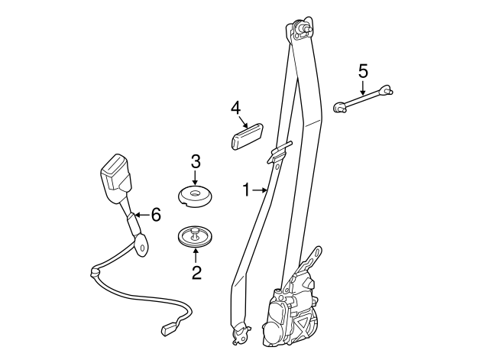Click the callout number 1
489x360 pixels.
(x=246, y=189)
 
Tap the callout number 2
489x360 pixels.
(x=196, y=271)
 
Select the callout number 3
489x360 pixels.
(x=196, y=161)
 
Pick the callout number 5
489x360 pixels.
(x=363, y=71)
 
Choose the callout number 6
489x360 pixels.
(x=156, y=215)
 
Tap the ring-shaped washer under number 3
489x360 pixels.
(x=196, y=196)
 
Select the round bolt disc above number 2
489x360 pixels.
(x=196, y=235)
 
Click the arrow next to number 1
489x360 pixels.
(x=260, y=189)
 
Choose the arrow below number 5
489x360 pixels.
(x=363, y=88)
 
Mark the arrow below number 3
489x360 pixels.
(x=196, y=177)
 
